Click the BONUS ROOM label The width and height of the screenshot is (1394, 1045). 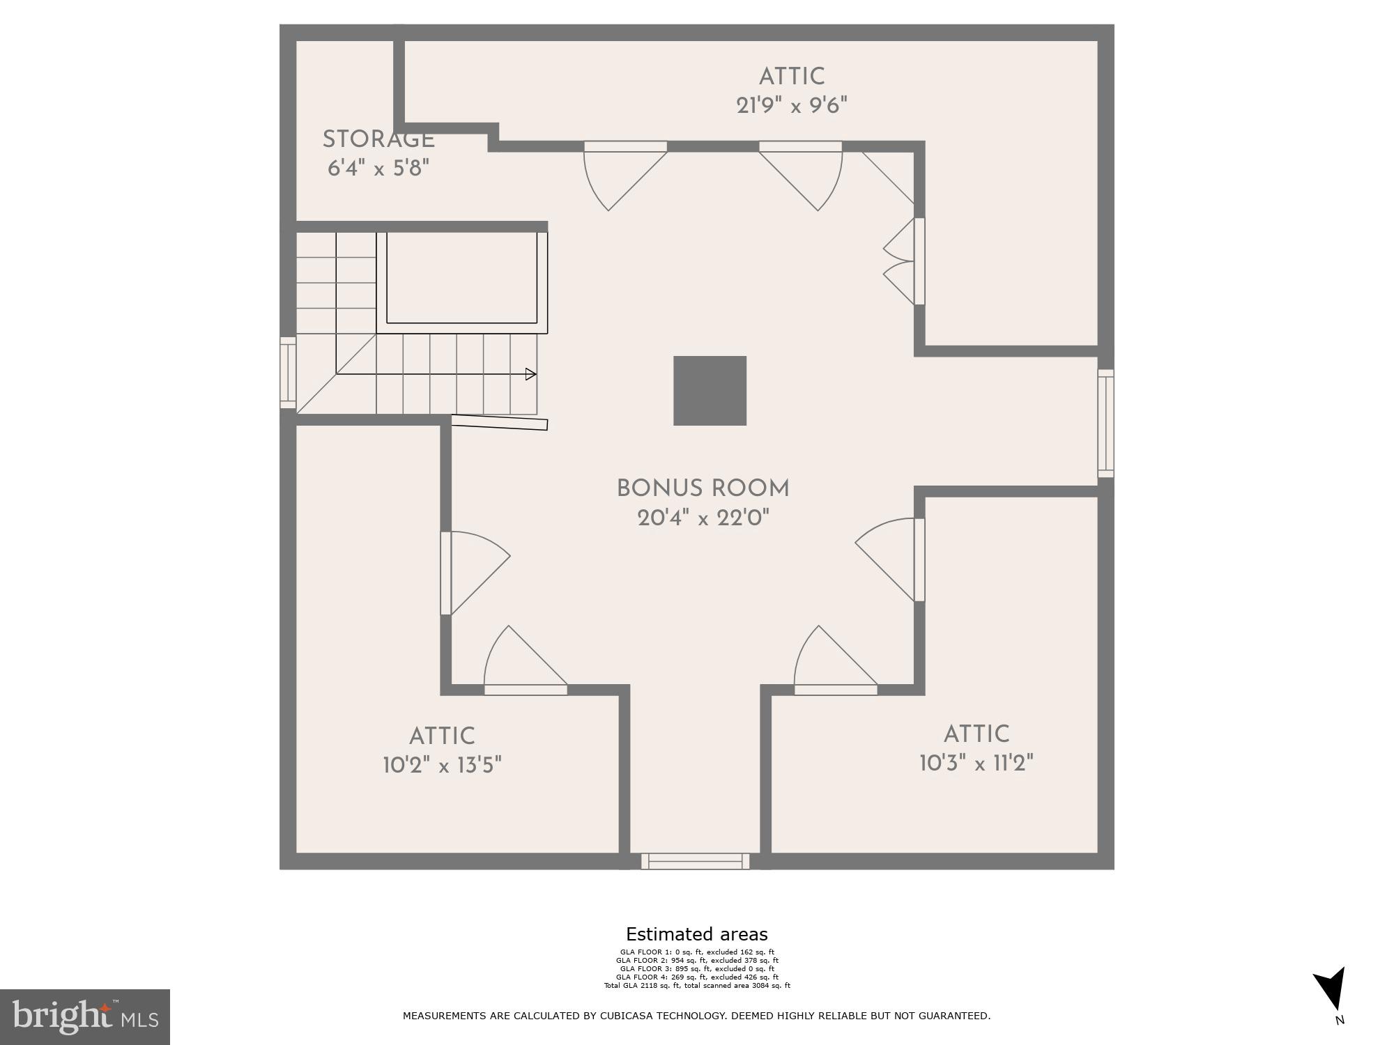(703, 488)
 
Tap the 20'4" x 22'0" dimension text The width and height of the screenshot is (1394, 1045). (703, 518)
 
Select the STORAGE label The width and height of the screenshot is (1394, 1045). (378, 139)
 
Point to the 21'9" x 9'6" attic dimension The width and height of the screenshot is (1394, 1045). (792, 105)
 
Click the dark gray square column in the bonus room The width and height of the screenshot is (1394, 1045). (710, 391)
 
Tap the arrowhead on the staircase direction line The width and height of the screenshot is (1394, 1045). (530, 374)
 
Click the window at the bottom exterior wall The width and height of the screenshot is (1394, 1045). (695, 861)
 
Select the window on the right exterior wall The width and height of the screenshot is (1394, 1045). (1105, 423)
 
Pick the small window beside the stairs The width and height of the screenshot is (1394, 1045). (288, 373)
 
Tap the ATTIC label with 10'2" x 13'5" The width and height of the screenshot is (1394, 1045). (442, 736)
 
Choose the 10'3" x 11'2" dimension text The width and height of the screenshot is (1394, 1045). (976, 764)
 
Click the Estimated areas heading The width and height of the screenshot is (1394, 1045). (696, 934)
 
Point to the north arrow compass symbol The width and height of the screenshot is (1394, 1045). (1331, 989)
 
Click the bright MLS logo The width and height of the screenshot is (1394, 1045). (85, 1016)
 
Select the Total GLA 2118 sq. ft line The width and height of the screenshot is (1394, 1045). (696, 986)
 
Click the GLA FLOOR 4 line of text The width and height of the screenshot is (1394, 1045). (696, 977)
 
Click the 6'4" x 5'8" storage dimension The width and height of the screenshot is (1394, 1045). (378, 168)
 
